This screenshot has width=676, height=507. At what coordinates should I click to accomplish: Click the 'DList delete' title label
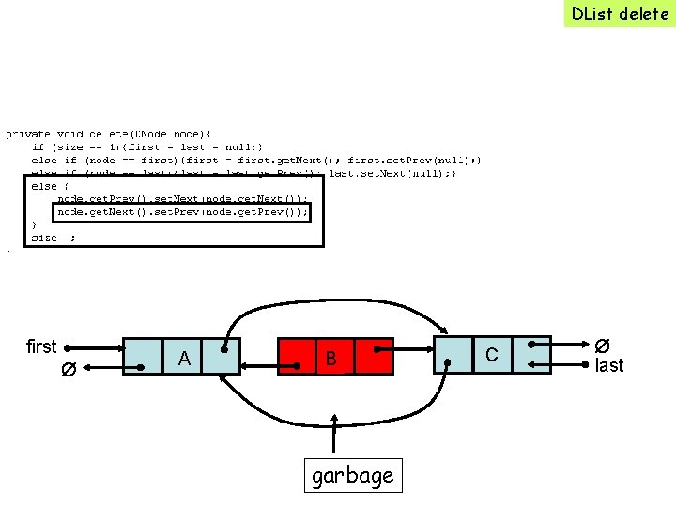pyautogui.click(x=619, y=13)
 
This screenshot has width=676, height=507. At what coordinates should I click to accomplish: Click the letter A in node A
pyautogui.click(x=184, y=358)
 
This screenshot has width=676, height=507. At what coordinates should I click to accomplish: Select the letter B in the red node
pyautogui.click(x=330, y=359)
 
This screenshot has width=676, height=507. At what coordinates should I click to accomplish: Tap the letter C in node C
pyautogui.click(x=491, y=353)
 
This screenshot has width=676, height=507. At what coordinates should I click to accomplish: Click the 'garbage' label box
pyautogui.click(x=352, y=476)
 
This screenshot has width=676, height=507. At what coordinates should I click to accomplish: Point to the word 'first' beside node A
pyautogui.click(x=41, y=347)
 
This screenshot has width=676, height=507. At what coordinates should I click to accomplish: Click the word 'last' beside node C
pyautogui.click(x=608, y=366)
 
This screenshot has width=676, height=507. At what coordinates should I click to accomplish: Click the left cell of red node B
pyautogui.click(x=295, y=357)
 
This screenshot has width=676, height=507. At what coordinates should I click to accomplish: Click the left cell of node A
pyautogui.click(x=141, y=357)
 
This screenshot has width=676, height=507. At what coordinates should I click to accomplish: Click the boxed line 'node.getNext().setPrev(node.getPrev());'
pyautogui.click(x=181, y=212)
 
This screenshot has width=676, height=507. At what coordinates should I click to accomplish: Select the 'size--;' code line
pyautogui.click(x=54, y=238)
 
